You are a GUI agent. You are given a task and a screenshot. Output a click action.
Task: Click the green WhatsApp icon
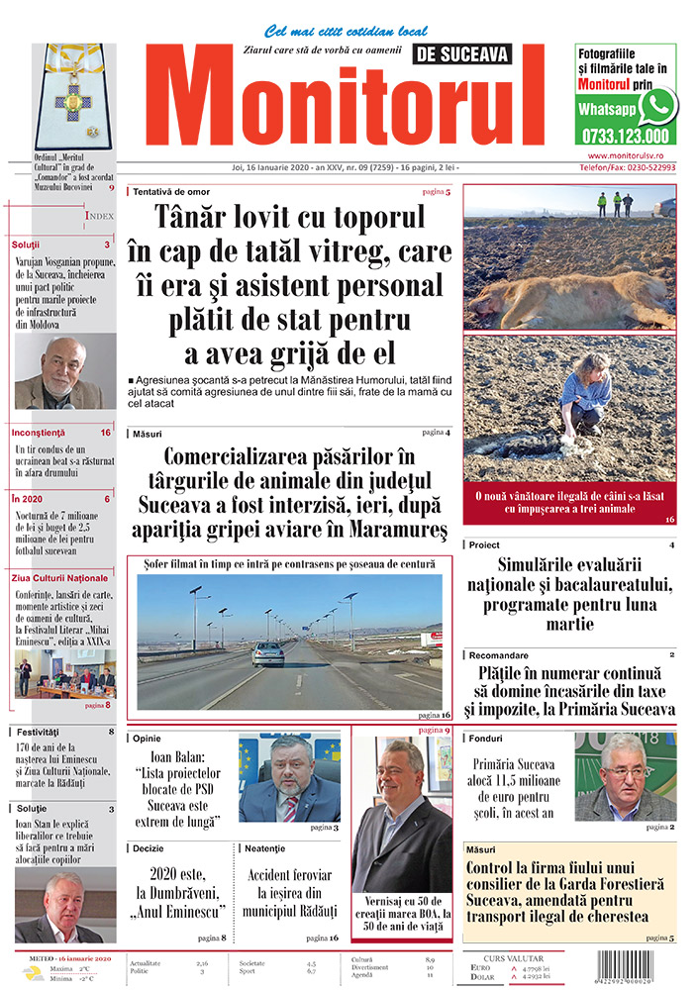[657, 105]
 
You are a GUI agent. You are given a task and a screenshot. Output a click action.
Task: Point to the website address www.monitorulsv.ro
[631, 155]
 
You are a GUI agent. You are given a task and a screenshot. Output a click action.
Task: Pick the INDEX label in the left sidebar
[100, 215]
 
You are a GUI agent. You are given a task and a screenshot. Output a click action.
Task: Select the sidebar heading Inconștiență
[41, 433]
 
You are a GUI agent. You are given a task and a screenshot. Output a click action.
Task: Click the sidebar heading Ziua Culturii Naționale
[60, 577]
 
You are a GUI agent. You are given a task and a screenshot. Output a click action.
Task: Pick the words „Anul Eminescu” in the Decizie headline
[181, 910]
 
